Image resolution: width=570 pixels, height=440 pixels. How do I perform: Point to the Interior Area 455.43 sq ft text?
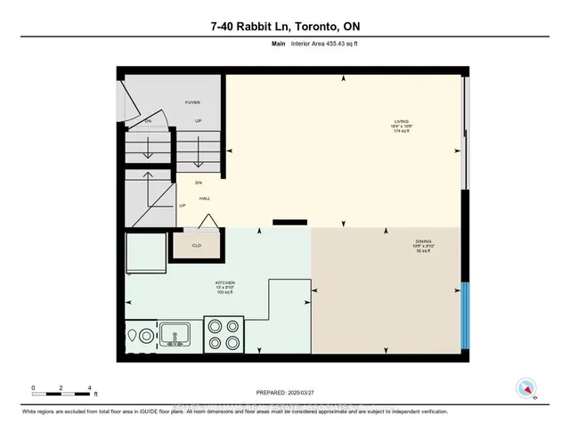pyautogui.click(x=302, y=53)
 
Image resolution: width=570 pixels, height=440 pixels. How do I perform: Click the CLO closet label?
pyautogui.click(x=196, y=244)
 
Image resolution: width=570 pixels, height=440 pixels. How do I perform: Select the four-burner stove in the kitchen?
pyautogui.click(x=223, y=335)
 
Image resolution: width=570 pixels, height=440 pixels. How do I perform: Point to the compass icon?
pyautogui.click(x=526, y=387)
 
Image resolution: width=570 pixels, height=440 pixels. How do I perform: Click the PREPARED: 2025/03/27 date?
pyautogui.click(x=284, y=391)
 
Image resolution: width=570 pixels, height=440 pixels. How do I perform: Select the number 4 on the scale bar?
pyautogui.click(x=89, y=387)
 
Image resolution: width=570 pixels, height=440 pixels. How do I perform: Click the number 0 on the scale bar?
pyautogui.click(x=33, y=387)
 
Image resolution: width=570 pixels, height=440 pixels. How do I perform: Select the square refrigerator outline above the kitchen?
pyautogui.click(x=145, y=254)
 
